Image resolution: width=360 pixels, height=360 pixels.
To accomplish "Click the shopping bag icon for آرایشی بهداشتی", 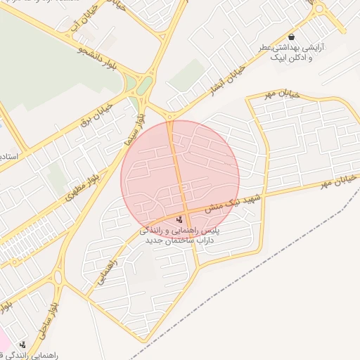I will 291,37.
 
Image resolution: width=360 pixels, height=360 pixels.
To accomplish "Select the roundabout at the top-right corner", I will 319,9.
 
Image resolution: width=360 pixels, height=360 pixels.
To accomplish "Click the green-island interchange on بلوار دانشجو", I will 143,87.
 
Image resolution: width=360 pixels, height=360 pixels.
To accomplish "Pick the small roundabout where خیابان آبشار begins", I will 170,116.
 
